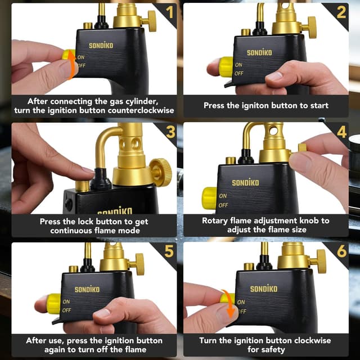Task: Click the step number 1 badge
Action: click(169, 11)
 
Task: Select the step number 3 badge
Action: click(169, 132)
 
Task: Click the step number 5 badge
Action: click(169, 251)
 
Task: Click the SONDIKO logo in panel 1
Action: click(101, 46)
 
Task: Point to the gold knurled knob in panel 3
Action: click(160, 172)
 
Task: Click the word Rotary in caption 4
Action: click(217, 220)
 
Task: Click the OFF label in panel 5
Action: click(66, 310)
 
